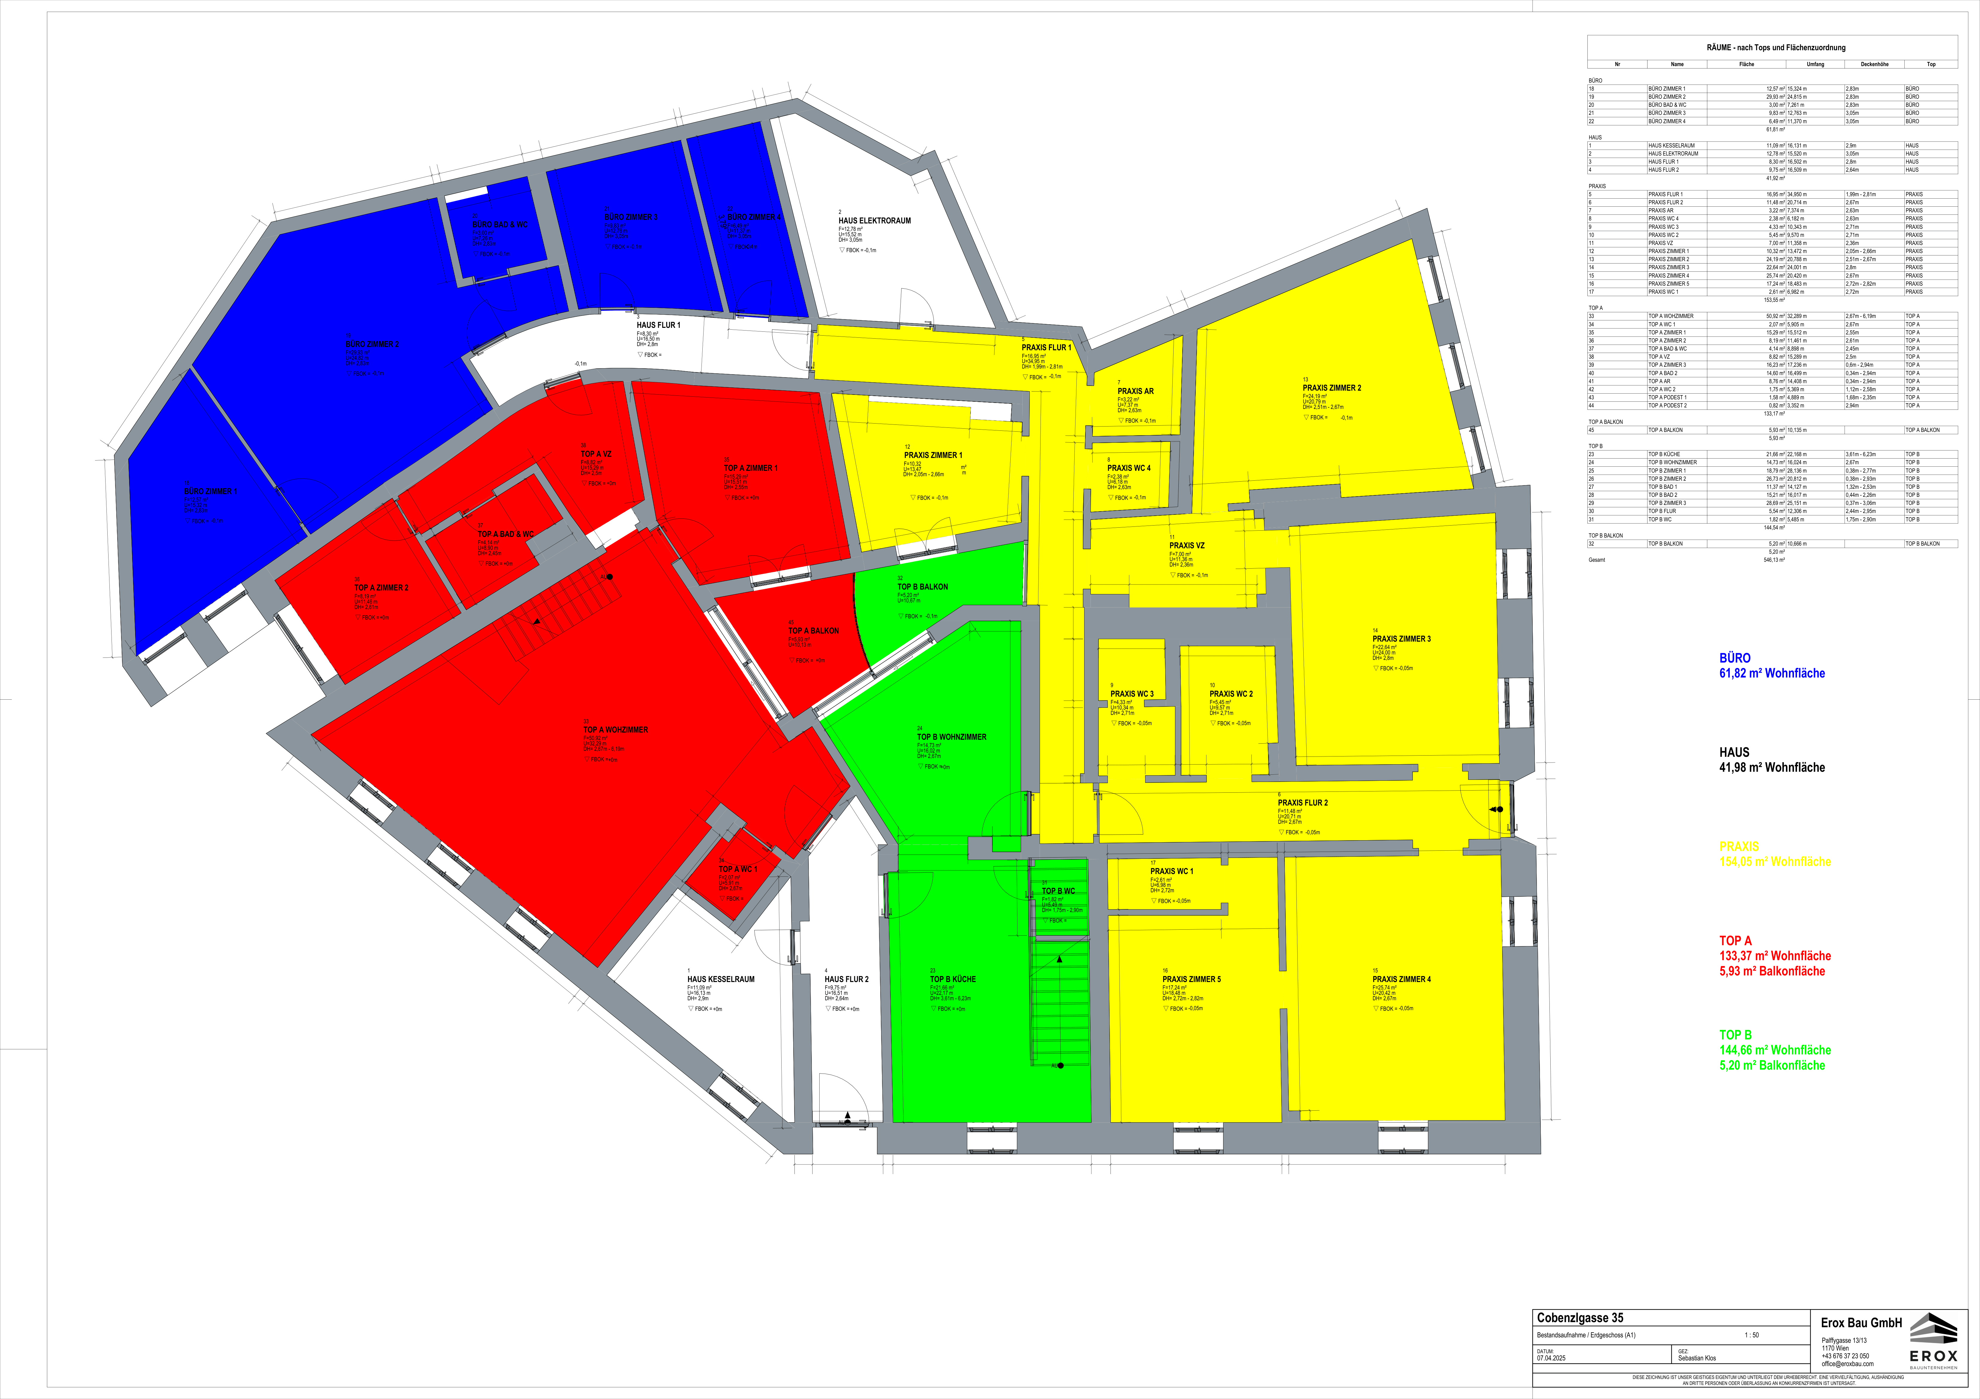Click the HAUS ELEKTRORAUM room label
point(875,221)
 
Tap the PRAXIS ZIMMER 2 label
point(1331,388)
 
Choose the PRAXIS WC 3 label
point(1131,693)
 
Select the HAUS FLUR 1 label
point(658,325)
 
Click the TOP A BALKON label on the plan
point(813,631)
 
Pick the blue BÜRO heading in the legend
point(1734,658)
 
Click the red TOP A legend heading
point(1735,941)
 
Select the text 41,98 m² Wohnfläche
point(1771,768)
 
